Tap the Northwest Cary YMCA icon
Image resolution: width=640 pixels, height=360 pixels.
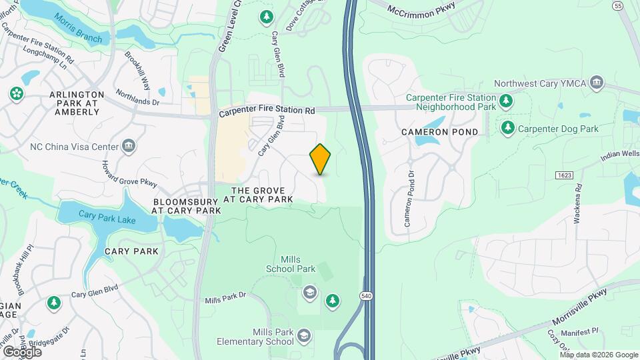[x=597, y=83]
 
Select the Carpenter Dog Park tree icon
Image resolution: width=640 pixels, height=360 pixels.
[x=508, y=127]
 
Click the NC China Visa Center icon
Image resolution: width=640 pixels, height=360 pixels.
[x=129, y=146]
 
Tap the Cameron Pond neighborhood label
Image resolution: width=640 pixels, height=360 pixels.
[x=440, y=132]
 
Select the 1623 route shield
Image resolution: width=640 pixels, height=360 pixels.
[x=564, y=175]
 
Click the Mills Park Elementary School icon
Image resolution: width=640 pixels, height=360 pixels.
[x=304, y=335]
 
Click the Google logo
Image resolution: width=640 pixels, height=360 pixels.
[x=22, y=351]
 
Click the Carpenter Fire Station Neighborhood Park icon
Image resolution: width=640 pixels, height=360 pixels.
[x=507, y=101]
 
